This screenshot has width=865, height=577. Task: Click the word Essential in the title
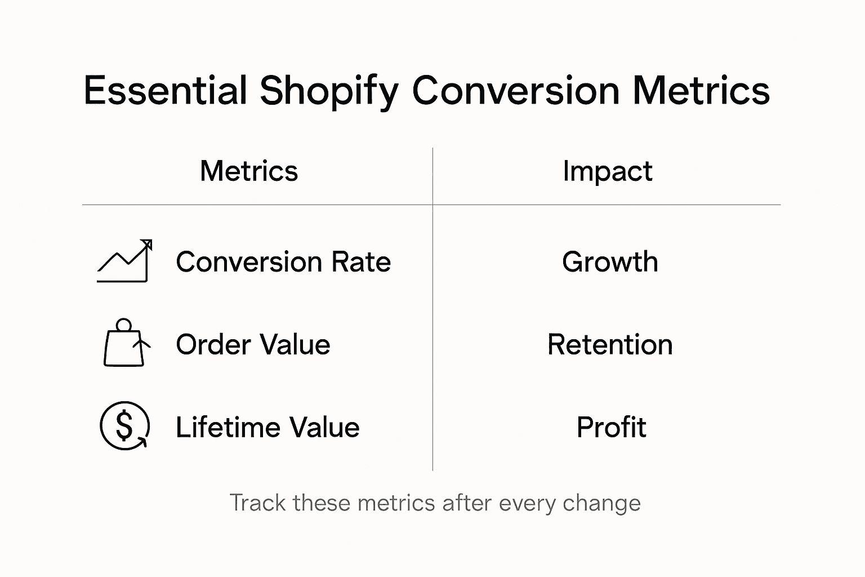pyautogui.click(x=166, y=91)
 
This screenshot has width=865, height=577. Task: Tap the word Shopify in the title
pyautogui.click(x=329, y=91)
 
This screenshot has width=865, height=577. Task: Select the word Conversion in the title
pyautogui.click(x=515, y=91)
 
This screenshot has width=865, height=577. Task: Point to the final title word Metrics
pyautogui.click(x=701, y=91)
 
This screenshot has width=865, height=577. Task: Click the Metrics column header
pyautogui.click(x=248, y=171)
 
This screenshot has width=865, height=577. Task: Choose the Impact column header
pyautogui.click(x=607, y=171)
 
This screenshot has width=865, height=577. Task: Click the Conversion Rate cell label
pyautogui.click(x=283, y=262)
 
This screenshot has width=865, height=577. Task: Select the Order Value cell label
pyautogui.click(x=253, y=345)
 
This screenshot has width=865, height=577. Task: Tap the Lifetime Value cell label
pyautogui.click(x=267, y=427)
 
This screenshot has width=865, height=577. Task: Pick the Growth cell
pyautogui.click(x=610, y=262)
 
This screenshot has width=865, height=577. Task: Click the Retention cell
pyautogui.click(x=610, y=345)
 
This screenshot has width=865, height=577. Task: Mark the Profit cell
pyautogui.click(x=611, y=427)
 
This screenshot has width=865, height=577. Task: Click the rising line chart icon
pyautogui.click(x=124, y=261)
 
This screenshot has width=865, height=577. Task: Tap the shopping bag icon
pyautogui.click(x=125, y=344)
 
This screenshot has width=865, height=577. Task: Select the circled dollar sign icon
pyautogui.click(x=124, y=426)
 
